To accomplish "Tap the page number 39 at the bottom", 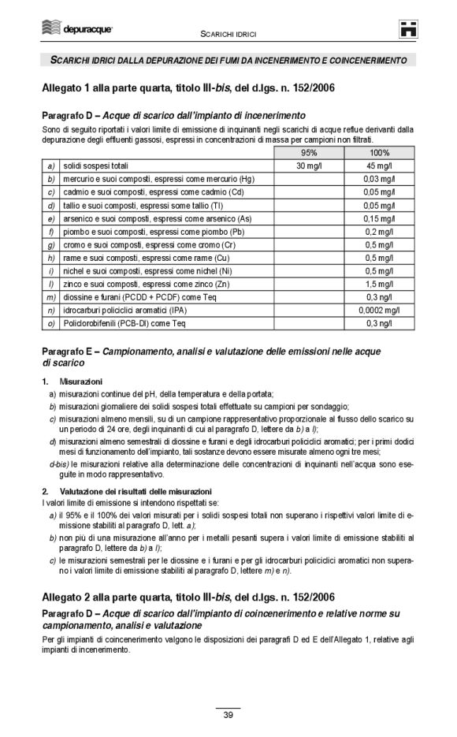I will point(228,715).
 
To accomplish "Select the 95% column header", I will point(309,154).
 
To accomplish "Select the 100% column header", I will point(380,154).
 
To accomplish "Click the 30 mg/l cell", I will point(309,166).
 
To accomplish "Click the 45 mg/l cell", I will point(381,166).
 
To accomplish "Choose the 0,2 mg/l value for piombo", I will point(383,232).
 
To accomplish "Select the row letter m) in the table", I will point(50,297).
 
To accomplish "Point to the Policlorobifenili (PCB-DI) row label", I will point(124,323).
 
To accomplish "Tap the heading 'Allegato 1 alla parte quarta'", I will point(188,87).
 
